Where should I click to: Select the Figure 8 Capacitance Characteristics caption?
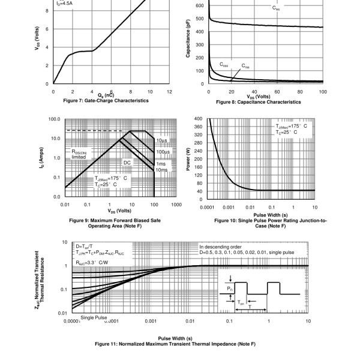click(265, 101)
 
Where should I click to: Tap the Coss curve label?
click(224, 65)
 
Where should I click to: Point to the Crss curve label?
click(247, 65)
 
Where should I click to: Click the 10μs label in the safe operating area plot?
click(161, 140)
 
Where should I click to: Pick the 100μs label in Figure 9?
click(163, 152)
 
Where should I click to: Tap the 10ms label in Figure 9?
click(161, 170)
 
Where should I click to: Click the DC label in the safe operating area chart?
click(127, 163)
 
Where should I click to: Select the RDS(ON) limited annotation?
click(81, 155)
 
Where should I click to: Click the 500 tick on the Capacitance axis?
click(199, 20)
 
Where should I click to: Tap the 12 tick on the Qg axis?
click(169, 91)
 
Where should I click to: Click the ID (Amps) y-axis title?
click(40, 158)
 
